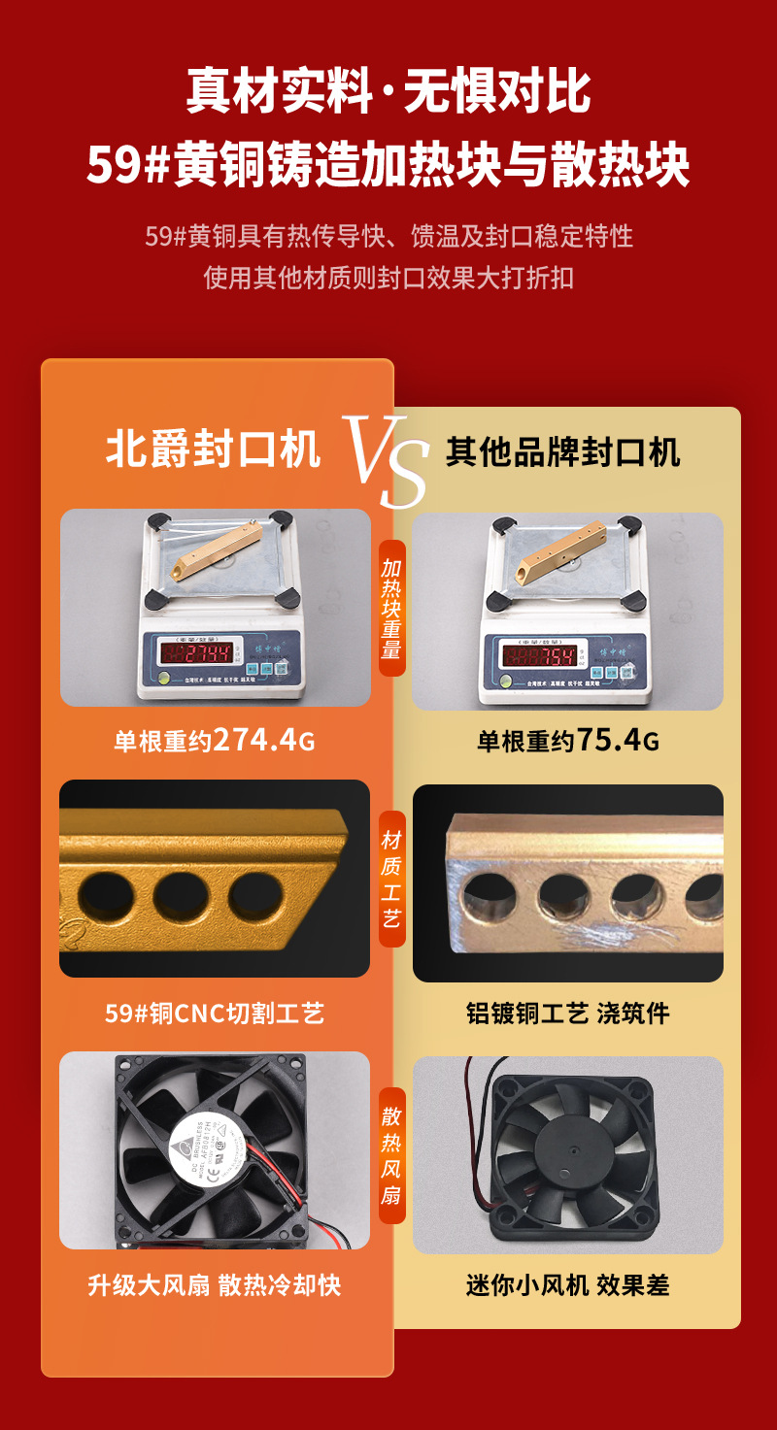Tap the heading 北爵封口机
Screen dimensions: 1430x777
213,450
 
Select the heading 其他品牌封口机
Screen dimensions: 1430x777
563,451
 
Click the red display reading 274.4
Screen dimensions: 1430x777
201,652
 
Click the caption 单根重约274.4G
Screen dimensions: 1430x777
215,741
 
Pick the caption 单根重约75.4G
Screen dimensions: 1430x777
567,742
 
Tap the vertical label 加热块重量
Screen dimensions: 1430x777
391,609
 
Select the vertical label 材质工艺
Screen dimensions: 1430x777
391,879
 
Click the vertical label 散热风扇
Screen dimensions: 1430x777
391,1154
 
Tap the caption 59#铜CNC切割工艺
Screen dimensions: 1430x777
215,1014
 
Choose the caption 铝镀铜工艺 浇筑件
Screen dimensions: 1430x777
567,1014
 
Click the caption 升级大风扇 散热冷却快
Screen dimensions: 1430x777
215,1285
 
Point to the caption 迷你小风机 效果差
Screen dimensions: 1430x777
567,1285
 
